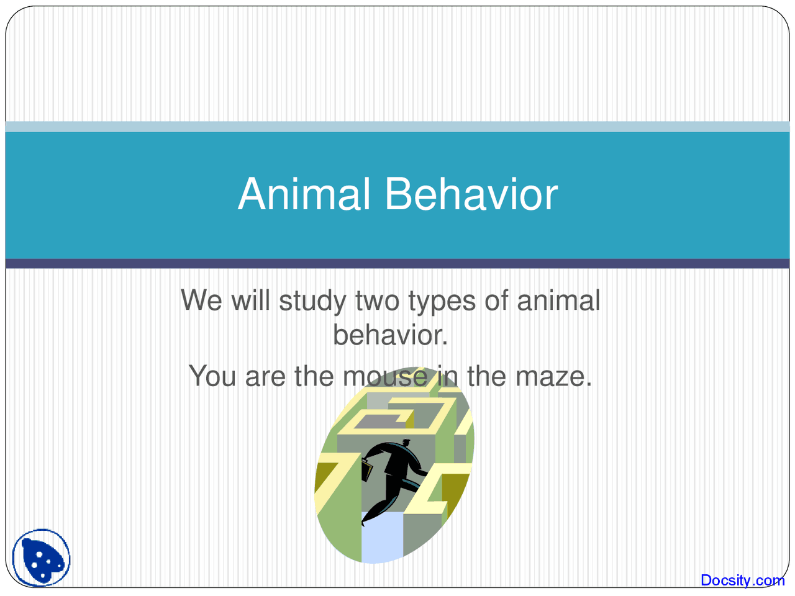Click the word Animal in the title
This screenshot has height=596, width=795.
point(304,194)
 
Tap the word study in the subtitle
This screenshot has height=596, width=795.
point(312,302)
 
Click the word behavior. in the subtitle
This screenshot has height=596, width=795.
point(390,336)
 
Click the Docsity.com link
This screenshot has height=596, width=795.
point(742,580)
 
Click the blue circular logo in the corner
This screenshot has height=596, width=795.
point(42,558)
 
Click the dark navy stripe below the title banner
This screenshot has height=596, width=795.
point(397,264)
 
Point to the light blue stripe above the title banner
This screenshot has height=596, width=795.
point(397,127)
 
